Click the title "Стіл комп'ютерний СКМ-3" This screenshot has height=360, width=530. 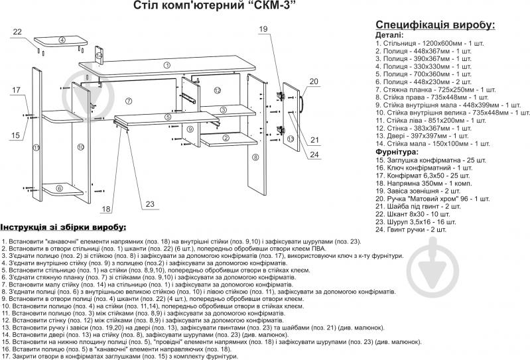coord(212,5)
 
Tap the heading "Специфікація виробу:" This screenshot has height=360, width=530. coord(435,25)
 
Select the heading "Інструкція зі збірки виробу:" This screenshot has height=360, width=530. coord(63,227)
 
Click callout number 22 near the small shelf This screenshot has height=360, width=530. coord(17,32)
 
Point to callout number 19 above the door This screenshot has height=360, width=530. coord(263,29)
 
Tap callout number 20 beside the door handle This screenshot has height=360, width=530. coord(314,82)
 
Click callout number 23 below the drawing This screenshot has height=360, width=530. coord(150,204)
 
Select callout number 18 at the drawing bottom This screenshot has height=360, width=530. coord(106,209)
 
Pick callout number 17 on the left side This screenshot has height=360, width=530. coord(16,90)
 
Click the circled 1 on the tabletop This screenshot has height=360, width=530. coord(166,65)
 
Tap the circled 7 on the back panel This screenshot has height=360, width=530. coord(129,101)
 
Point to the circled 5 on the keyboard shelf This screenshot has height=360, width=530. coord(168,117)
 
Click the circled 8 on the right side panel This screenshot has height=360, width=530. coord(255,157)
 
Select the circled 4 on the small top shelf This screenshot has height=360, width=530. coord(62,40)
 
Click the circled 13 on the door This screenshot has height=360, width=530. coord(291,139)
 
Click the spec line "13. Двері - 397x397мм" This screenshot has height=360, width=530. coord(422,136)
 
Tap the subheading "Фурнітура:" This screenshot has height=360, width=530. coord(397,152)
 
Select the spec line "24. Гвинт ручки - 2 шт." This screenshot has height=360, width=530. coord(411,230)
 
